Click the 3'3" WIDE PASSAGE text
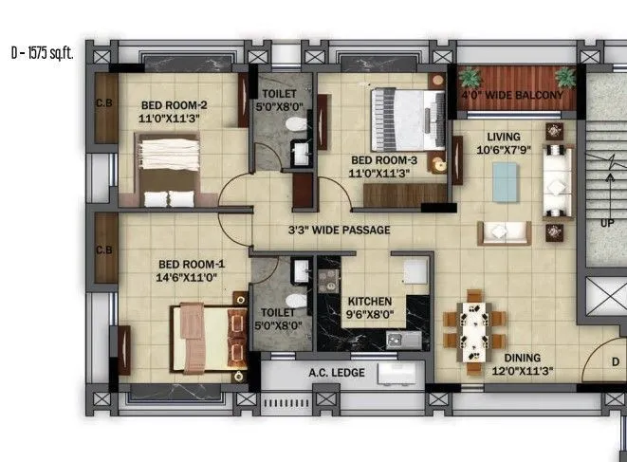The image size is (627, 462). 340,230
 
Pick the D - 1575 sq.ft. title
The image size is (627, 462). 42,53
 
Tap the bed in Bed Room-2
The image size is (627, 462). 168,169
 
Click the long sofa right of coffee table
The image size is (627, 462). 555,179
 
